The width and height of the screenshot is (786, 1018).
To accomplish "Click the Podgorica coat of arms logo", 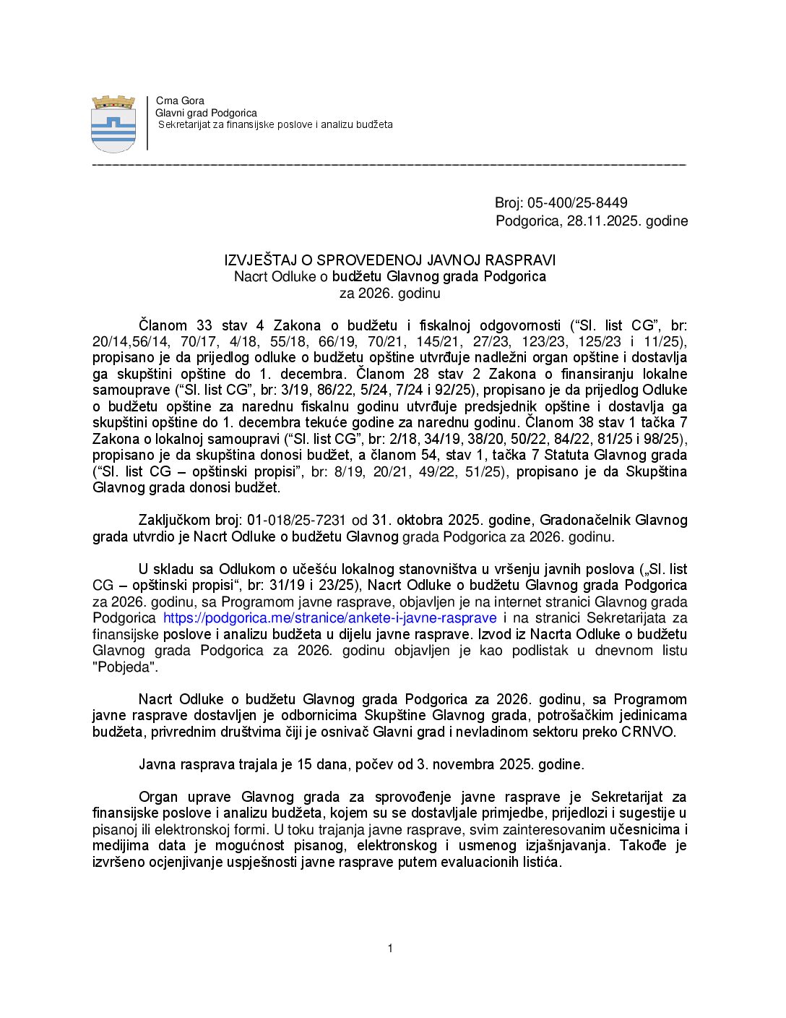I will [113, 124].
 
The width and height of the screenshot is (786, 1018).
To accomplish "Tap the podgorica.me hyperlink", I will [329, 618].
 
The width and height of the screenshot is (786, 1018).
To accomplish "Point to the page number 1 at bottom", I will [390, 949].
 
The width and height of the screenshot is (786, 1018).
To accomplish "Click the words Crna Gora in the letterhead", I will [180, 100].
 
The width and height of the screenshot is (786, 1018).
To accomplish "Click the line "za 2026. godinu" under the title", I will [389, 293].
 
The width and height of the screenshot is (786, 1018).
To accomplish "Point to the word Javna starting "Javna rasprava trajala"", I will [157, 764].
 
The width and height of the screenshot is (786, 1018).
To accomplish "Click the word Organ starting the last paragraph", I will [158, 797].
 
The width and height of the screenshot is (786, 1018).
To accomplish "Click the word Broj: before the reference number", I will [509, 203].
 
